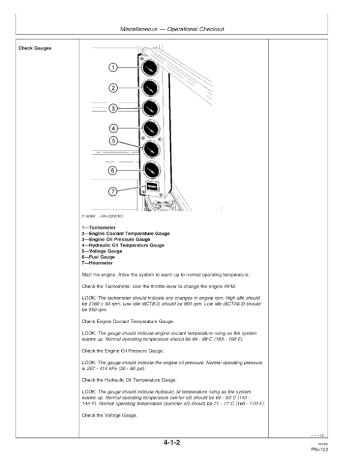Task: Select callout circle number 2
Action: click(112, 88)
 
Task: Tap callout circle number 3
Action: click(112, 109)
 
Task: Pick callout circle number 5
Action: click(112, 142)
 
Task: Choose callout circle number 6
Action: click(112, 171)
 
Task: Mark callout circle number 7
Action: click(112, 192)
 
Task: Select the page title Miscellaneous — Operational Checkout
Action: click(172, 28)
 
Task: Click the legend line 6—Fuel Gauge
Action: click(98, 257)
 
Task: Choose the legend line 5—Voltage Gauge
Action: click(101, 251)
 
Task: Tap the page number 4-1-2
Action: click(172, 444)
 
